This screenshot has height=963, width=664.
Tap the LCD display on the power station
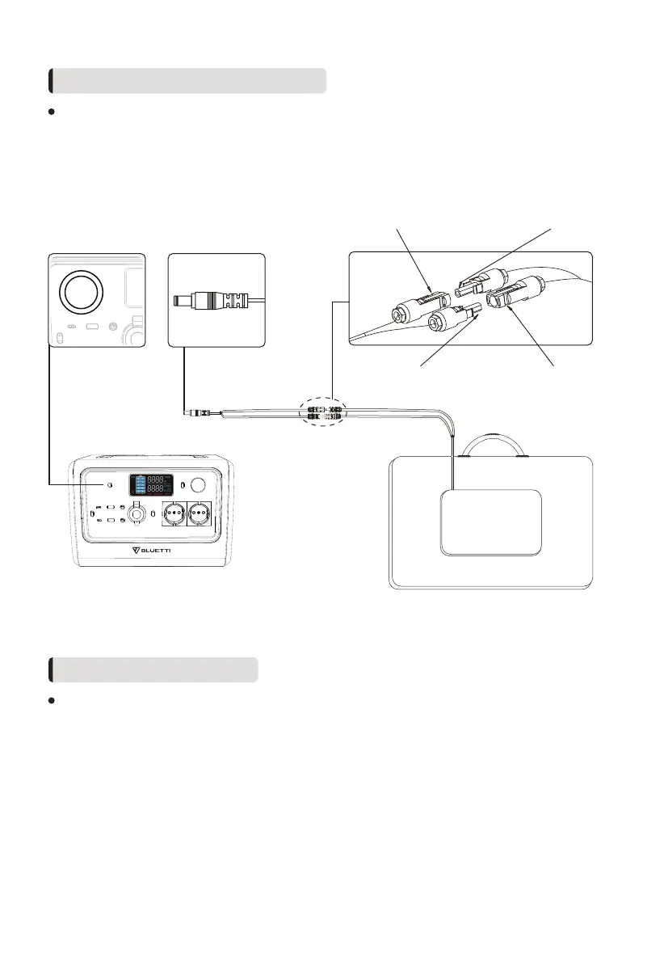pyautogui.click(x=151, y=485)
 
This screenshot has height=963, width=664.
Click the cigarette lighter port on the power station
pyautogui.click(x=137, y=514)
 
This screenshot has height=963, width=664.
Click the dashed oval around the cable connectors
pyautogui.click(x=323, y=412)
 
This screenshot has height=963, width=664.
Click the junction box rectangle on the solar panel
pyautogui.click(x=490, y=522)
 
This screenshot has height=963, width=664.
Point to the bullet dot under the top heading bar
pyautogui.click(x=51, y=112)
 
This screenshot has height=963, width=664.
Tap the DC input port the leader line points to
pyautogui.click(x=109, y=485)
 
